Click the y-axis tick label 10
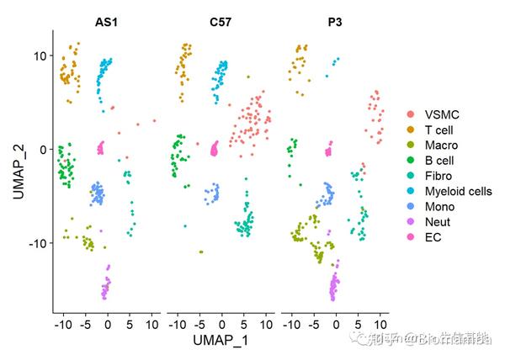(x=38, y=56)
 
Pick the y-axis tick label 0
(x=42, y=150)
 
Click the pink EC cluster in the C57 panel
(x=214, y=149)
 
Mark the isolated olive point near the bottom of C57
(x=201, y=251)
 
